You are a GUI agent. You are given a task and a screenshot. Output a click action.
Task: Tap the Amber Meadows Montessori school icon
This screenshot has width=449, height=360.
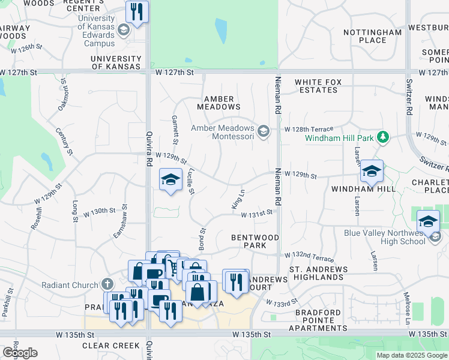(263, 131)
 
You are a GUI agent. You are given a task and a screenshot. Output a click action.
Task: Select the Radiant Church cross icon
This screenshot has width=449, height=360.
(107, 284)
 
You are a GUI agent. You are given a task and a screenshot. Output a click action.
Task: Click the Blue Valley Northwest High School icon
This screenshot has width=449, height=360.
(435, 238)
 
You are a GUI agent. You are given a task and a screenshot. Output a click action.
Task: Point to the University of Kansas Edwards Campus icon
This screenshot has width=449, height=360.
(124, 29)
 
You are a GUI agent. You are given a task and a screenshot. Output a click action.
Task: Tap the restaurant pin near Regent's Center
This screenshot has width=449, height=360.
(137, 11)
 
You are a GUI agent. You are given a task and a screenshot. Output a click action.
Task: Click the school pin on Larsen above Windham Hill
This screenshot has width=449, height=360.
(372, 172)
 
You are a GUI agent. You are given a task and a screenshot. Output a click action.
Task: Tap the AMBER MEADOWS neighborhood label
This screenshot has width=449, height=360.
(222, 103)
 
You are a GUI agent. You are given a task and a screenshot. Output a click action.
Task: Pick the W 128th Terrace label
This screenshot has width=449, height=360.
(309, 129)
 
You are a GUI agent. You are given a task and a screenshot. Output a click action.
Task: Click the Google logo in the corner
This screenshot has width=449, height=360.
(19, 353)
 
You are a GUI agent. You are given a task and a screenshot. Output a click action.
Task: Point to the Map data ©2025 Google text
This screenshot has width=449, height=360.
(412, 355)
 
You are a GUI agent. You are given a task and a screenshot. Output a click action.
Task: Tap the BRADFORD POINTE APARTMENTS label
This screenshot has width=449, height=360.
(318, 320)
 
